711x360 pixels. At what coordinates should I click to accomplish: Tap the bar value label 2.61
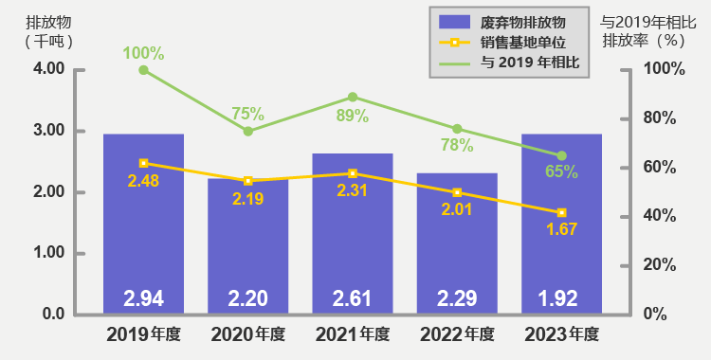tap(353, 298)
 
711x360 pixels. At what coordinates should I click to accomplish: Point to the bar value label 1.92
tap(562, 298)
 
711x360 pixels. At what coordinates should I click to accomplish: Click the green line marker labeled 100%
tap(143, 70)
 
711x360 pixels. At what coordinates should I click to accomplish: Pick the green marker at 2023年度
tap(561, 155)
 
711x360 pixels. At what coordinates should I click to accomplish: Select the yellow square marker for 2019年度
tap(143, 163)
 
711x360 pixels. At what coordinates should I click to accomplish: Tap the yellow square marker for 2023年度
tap(561, 212)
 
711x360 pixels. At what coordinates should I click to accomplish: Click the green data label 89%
tap(353, 117)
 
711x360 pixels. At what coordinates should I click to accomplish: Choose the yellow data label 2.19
tap(247, 198)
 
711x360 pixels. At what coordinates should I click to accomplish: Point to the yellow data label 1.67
tap(561, 229)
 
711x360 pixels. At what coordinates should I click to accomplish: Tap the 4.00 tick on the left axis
tap(48, 69)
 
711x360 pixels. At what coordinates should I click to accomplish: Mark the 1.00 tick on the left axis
tap(48, 253)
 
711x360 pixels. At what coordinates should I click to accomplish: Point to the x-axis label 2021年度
tap(353, 333)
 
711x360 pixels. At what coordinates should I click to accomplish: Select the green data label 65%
tap(562, 172)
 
